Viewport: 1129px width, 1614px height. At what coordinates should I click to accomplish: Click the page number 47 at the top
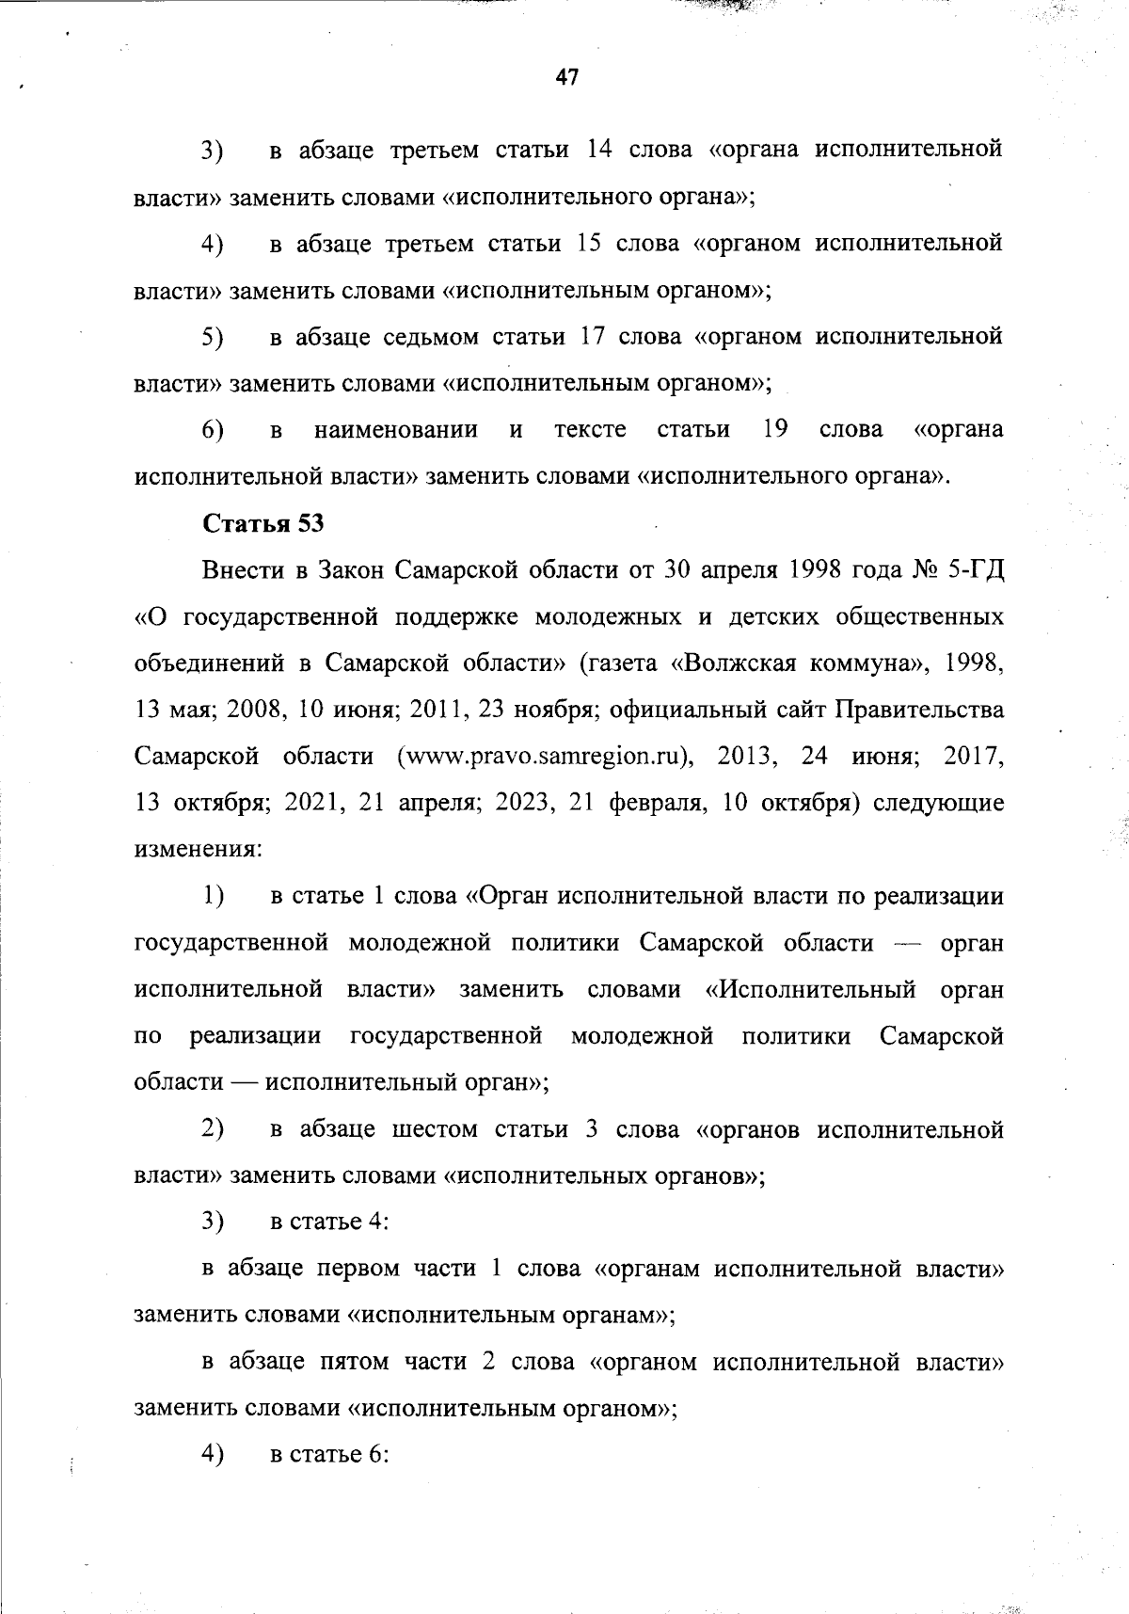pos(566,78)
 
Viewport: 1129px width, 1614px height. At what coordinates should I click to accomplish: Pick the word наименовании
pos(396,431)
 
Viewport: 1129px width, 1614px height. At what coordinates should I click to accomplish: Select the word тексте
pos(590,431)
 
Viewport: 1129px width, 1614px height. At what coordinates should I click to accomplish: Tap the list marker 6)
pos(213,431)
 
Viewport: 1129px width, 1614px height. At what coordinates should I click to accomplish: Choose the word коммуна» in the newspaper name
pos(863,663)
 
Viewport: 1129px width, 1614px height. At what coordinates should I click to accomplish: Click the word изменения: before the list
pos(199,850)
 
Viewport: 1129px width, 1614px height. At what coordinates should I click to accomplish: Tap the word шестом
pos(435,1129)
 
